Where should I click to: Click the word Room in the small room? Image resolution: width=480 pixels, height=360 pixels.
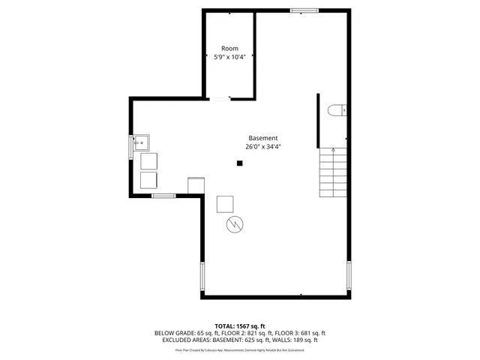pyautogui.click(x=229, y=48)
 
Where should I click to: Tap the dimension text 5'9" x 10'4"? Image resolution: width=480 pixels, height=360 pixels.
pyautogui.click(x=229, y=56)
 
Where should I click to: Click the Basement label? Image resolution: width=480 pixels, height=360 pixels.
pyautogui.click(x=263, y=138)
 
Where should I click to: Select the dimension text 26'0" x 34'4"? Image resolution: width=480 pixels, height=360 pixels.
pyautogui.click(x=263, y=146)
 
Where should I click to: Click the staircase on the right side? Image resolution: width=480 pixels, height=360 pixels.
pyautogui.click(x=334, y=172)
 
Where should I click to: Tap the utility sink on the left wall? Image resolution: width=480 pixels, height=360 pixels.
pyautogui.click(x=141, y=142)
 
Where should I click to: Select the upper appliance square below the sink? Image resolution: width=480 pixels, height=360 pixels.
pyautogui.click(x=149, y=162)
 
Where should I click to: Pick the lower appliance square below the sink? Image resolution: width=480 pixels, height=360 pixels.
pyautogui.click(x=149, y=180)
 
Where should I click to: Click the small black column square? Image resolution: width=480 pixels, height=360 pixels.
pyautogui.click(x=239, y=164)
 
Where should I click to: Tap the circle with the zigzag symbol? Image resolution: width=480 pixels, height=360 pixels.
pyautogui.click(x=233, y=224)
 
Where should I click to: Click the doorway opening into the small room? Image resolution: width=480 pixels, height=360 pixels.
pyautogui.click(x=220, y=98)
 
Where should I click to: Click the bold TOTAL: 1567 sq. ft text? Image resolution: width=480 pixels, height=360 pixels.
pyautogui.click(x=239, y=325)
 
